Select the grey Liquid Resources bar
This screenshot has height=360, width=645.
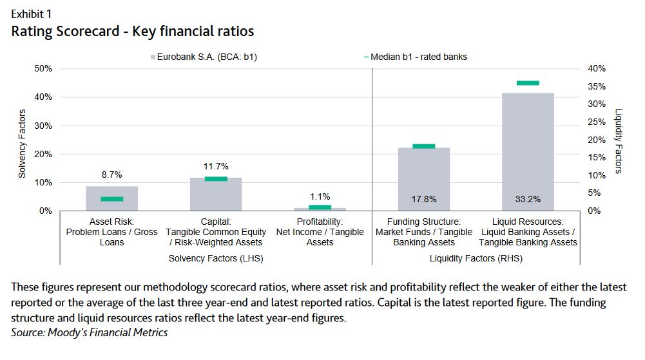click(528, 151)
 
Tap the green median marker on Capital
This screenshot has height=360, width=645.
click(216, 178)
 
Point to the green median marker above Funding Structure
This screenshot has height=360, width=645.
click(423, 146)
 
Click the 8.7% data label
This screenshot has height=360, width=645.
click(112, 175)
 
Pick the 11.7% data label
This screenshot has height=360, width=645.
click(216, 166)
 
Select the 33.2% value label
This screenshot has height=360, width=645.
click(528, 199)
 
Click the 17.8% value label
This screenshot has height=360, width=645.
click(424, 199)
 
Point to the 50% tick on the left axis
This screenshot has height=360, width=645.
click(43, 69)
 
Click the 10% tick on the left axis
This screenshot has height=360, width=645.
click(43, 183)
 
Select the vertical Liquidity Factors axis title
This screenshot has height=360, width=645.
click(619, 140)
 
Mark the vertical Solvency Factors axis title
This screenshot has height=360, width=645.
click(21, 143)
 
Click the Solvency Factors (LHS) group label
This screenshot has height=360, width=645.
click(215, 258)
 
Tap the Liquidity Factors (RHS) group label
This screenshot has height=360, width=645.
click(476, 258)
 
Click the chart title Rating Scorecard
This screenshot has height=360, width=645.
click(133, 30)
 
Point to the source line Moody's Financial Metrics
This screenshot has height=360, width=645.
click(90, 332)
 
